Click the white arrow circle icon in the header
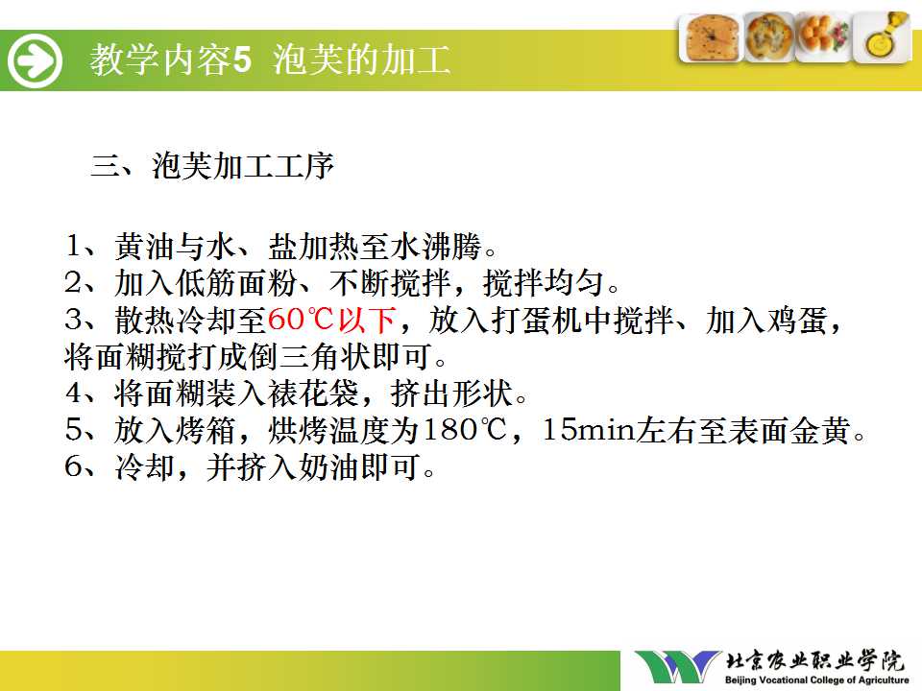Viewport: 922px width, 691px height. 35,60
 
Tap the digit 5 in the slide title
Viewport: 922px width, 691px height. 242,60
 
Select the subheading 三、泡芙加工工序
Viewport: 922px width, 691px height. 212,166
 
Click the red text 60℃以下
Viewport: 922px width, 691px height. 331,321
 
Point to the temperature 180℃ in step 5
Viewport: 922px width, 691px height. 465,430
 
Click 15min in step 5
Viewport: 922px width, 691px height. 589,430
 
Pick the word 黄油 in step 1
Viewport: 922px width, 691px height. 145,247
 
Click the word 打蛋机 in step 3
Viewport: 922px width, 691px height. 537,321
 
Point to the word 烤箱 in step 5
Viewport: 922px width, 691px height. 206,430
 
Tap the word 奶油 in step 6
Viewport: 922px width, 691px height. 328,467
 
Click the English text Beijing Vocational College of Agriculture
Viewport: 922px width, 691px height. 816,679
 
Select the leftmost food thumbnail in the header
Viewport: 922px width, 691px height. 710,37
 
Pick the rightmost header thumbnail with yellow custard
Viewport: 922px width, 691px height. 882,36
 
